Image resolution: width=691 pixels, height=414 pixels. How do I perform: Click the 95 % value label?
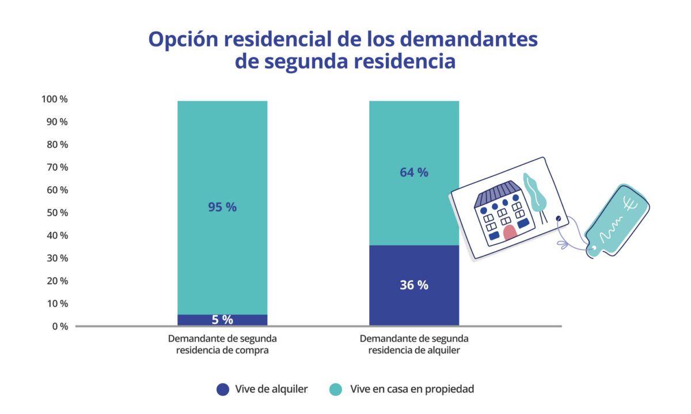point(222,208)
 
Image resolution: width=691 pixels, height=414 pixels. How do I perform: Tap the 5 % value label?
point(222,320)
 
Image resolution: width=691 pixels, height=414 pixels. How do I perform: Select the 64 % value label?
point(414,172)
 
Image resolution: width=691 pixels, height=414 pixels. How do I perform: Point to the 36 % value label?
point(414,285)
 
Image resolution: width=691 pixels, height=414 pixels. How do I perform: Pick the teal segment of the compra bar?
point(222,149)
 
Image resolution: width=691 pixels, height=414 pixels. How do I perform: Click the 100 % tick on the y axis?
point(55,99)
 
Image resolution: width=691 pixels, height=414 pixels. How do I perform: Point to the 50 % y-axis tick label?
point(56,213)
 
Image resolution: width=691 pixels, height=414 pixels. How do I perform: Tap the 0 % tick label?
point(59,326)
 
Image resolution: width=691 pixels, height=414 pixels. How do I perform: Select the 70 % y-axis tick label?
point(56,167)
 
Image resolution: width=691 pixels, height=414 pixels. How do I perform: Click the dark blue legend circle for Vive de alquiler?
point(223,389)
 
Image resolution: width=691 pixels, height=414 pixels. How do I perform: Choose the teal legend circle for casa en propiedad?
point(336,389)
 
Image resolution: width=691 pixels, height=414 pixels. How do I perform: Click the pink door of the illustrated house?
point(509,233)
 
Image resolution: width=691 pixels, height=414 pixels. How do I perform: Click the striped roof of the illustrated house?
point(497,192)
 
